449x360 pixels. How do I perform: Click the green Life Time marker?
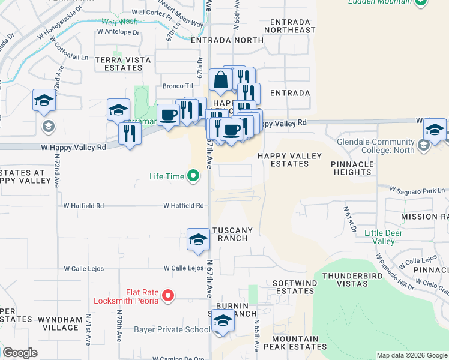tap(193, 176)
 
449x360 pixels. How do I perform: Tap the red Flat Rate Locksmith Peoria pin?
tap(169, 296)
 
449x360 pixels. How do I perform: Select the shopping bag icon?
tap(221, 80)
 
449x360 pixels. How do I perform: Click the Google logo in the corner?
tap(20, 353)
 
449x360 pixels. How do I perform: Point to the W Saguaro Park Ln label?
tap(418, 190)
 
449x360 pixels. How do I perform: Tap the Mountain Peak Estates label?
tap(303, 343)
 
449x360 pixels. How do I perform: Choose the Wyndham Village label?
tap(59, 323)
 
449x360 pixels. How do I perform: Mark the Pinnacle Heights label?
tap(353, 167)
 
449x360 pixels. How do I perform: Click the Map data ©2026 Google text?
tap(412, 355)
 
